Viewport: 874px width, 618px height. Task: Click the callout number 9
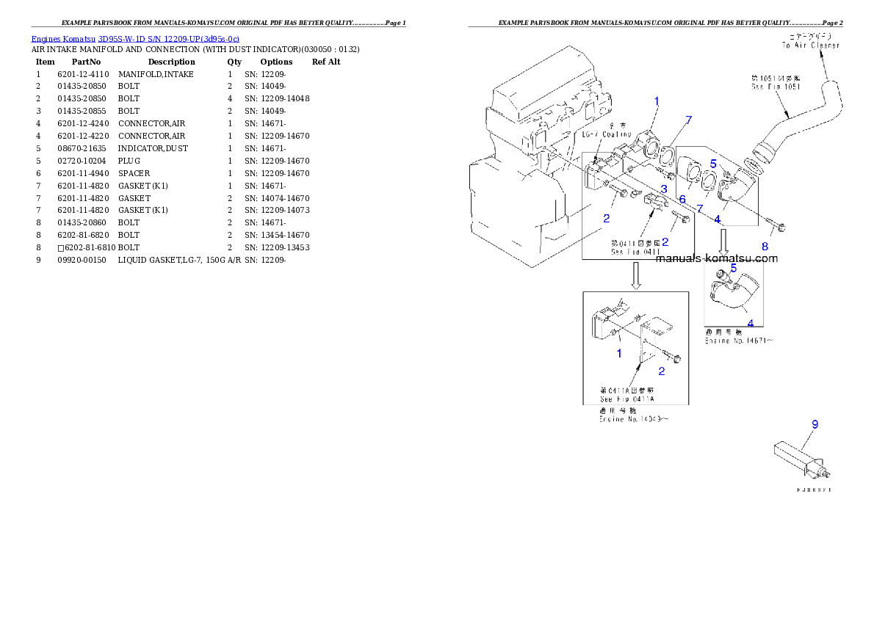tap(815, 424)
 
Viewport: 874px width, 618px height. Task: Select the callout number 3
tap(663, 189)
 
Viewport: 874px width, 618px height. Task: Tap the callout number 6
tap(682, 199)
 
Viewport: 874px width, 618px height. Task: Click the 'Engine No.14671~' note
tap(739, 340)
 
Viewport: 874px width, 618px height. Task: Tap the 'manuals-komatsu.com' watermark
tap(716, 258)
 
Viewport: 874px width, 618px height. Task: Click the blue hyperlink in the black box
tap(135, 38)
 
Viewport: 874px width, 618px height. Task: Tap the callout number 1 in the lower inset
tap(619, 353)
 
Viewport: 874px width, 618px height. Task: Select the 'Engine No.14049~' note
tap(633, 420)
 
